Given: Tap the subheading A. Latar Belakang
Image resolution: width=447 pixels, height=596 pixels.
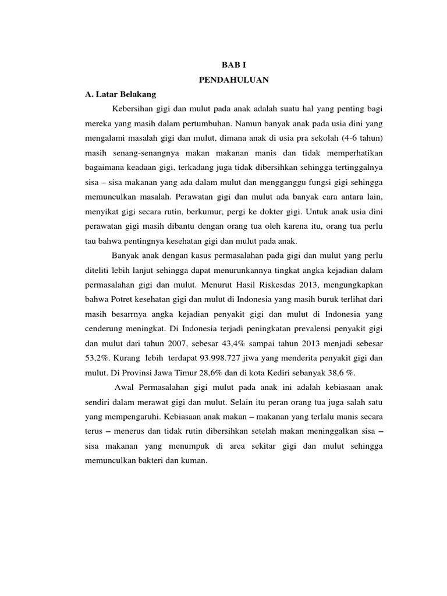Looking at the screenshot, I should click(x=120, y=94).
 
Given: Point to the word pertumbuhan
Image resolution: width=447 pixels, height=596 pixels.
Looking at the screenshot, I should click(x=204, y=123).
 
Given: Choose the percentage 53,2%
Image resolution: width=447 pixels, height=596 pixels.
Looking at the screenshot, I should click(x=98, y=358).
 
